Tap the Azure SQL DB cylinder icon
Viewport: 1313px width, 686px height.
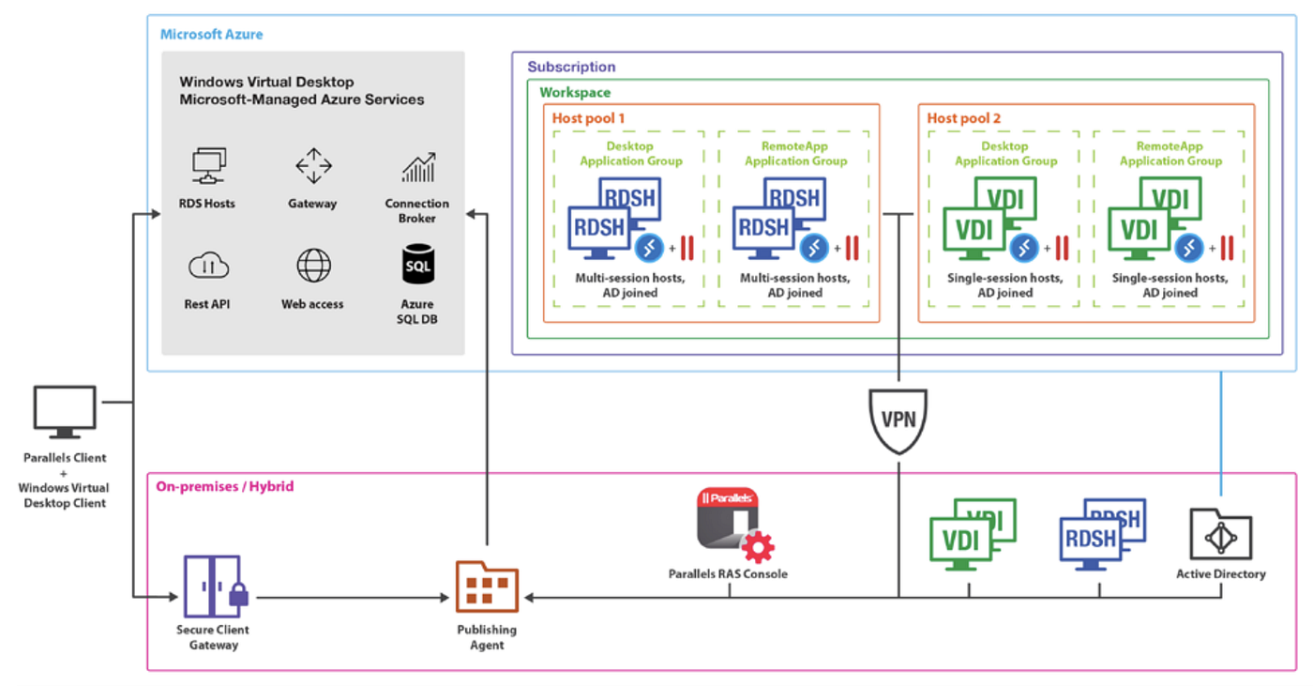point(417,266)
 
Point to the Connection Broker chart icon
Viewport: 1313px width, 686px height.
point(417,167)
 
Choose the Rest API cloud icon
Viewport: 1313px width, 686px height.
point(208,267)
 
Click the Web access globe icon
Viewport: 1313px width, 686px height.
point(313,266)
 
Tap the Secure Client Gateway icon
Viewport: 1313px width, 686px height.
point(213,587)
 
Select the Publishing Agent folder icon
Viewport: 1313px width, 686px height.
point(487,587)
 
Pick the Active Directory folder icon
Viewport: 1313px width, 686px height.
point(1220,534)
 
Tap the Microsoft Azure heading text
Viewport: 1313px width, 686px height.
point(212,35)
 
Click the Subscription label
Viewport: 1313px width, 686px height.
point(571,68)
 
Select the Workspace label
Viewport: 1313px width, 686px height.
point(575,93)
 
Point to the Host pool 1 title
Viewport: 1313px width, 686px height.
point(588,118)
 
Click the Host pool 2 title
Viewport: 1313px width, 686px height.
point(964,118)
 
